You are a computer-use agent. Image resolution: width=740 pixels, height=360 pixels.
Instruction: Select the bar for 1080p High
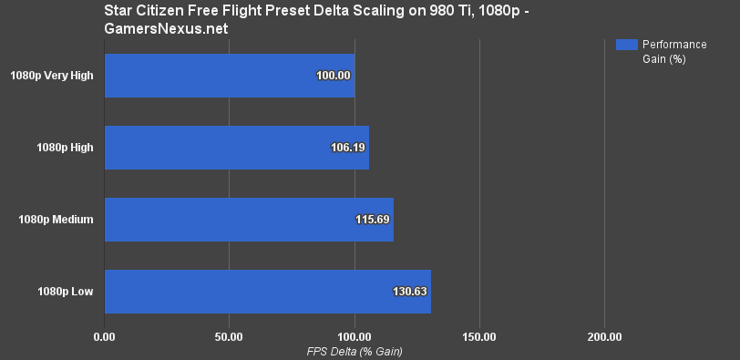(x=237, y=148)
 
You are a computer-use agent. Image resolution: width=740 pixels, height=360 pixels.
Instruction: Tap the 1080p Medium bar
(x=249, y=220)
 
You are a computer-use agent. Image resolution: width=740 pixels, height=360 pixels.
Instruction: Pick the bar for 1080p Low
(x=268, y=292)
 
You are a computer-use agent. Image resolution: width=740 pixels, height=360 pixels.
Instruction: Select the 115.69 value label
(x=372, y=220)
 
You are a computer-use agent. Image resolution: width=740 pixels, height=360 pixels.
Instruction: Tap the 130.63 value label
(x=409, y=292)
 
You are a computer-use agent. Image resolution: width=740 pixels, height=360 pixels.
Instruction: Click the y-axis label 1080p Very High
(x=52, y=76)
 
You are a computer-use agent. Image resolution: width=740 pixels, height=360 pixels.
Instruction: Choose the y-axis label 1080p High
(x=65, y=148)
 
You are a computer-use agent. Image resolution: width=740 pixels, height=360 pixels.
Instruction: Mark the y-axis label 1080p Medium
(x=56, y=220)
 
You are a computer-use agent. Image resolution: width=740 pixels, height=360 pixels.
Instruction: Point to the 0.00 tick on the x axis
(x=105, y=337)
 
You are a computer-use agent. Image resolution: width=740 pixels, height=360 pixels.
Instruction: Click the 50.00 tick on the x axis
(x=230, y=337)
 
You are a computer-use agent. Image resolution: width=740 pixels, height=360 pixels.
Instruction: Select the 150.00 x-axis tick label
(x=479, y=337)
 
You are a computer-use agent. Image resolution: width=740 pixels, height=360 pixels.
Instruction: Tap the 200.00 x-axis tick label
(x=604, y=337)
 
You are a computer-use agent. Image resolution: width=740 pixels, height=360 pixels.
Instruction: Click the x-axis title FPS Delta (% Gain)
(x=355, y=351)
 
